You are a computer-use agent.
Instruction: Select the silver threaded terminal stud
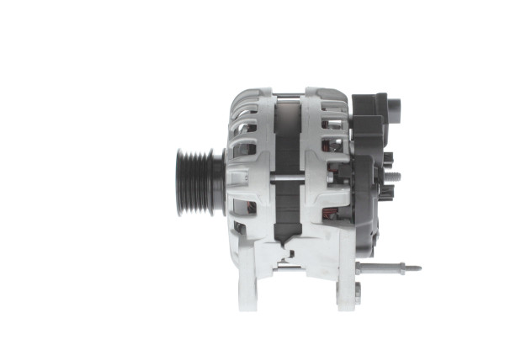pyautogui.click(x=394, y=176)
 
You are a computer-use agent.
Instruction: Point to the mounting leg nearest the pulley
pyautogui.click(x=247, y=278)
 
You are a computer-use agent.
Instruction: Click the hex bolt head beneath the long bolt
pyautogui.click(x=358, y=291)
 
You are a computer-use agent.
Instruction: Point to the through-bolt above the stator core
pyautogui.click(x=290, y=95)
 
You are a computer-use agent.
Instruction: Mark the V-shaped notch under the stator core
pyautogui.click(x=289, y=250)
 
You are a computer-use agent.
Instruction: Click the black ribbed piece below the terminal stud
pyautogui.click(x=387, y=193)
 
